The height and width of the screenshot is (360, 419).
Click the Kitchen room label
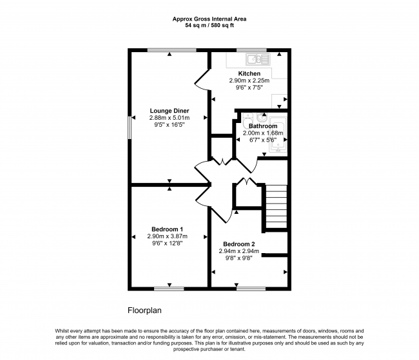coord(249,73)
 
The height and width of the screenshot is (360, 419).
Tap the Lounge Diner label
coord(170,111)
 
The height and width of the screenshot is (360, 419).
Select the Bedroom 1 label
coord(168,229)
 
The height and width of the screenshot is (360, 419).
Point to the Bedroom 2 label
coord(239,244)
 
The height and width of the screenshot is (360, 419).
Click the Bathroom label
coord(263,126)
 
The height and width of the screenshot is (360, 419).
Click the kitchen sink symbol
coord(258,59)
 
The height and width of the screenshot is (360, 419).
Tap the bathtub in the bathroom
coord(278,135)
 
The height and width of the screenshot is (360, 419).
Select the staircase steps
coord(277,207)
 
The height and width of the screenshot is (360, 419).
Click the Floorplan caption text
coord(144,310)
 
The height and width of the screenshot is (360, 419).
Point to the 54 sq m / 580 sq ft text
coord(209,26)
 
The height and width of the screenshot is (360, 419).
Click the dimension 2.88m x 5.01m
coord(170,118)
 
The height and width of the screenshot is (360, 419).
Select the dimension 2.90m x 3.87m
coord(168,236)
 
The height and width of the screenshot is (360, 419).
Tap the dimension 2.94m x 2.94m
coord(239,251)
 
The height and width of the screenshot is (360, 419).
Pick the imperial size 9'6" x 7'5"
coord(249,88)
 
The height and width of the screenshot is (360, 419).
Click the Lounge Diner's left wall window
coord(130,127)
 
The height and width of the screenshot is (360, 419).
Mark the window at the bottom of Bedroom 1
coord(169,289)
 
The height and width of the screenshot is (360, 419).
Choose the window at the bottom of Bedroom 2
coord(251,289)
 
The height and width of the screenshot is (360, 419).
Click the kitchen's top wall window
coord(251,50)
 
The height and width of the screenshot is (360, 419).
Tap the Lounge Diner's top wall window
coord(172,50)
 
